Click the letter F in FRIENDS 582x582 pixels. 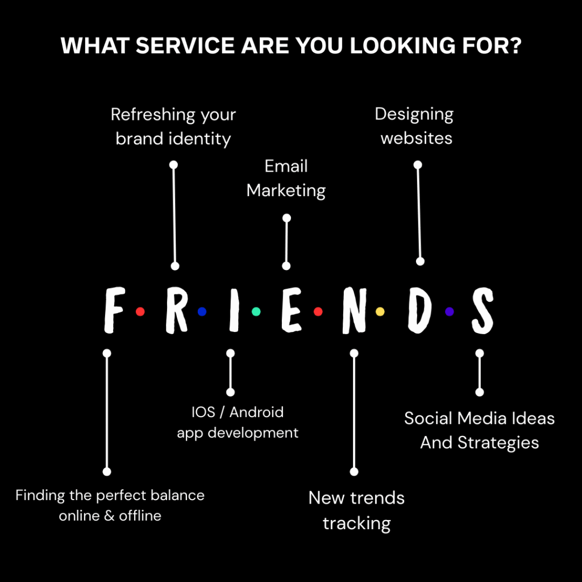[114, 310]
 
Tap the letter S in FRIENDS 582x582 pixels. [482, 310]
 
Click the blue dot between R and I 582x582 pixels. [202, 311]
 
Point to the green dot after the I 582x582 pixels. [256, 311]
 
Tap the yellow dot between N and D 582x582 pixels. [380, 311]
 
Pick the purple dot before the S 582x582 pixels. [449, 311]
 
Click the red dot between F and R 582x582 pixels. [140, 311]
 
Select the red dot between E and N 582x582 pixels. [318, 311]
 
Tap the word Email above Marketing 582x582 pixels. [286, 167]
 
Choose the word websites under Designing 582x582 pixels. [416, 138]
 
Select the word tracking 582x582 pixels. [356, 523]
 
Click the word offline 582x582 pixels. [140, 516]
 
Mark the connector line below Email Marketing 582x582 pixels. [286, 242]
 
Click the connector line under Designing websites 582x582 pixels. [419, 213]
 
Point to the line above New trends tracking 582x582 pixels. [354, 413]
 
